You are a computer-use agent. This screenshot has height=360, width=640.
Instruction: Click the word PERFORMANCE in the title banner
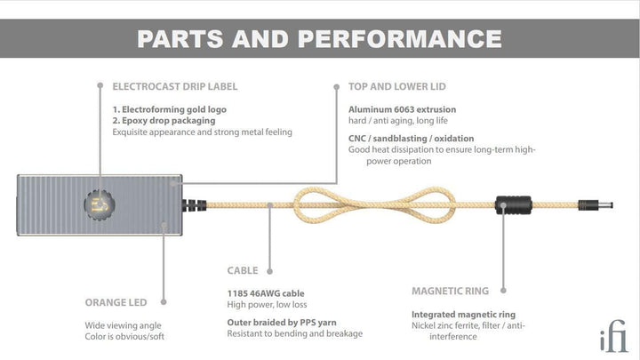(x=400, y=39)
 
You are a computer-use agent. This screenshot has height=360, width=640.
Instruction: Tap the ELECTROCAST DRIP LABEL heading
(x=175, y=86)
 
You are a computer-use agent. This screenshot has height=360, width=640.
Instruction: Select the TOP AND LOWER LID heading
(x=397, y=86)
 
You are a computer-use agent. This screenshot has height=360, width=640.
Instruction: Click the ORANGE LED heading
(x=116, y=302)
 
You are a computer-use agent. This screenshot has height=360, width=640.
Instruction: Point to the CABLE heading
(x=243, y=270)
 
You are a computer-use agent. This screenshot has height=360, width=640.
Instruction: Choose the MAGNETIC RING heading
(x=450, y=291)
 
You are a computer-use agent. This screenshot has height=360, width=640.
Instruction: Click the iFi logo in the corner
(x=613, y=336)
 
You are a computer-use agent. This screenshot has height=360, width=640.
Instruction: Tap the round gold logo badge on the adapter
(x=100, y=205)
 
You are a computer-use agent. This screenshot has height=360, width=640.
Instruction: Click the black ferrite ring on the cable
(x=514, y=205)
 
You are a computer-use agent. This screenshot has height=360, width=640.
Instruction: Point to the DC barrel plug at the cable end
(x=596, y=205)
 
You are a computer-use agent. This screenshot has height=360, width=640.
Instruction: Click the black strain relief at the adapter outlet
(x=195, y=205)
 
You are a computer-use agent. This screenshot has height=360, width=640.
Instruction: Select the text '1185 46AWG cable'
(x=266, y=293)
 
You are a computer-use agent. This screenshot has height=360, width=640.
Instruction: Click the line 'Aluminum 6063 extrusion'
(x=402, y=109)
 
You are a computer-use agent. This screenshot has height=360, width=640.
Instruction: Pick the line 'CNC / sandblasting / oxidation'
(x=411, y=139)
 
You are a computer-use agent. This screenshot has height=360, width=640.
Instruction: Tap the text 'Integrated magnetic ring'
(x=463, y=315)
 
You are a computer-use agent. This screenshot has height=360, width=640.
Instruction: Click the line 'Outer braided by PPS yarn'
(x=282, y=323)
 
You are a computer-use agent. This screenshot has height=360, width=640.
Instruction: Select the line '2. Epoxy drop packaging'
(x=164, y=120)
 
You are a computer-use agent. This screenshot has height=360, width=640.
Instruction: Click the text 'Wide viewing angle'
(x=123, y=325)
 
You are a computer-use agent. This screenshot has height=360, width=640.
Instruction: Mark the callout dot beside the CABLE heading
(x=270, y=271)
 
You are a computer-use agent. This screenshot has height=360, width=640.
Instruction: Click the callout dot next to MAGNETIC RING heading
(x=503, y=291)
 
